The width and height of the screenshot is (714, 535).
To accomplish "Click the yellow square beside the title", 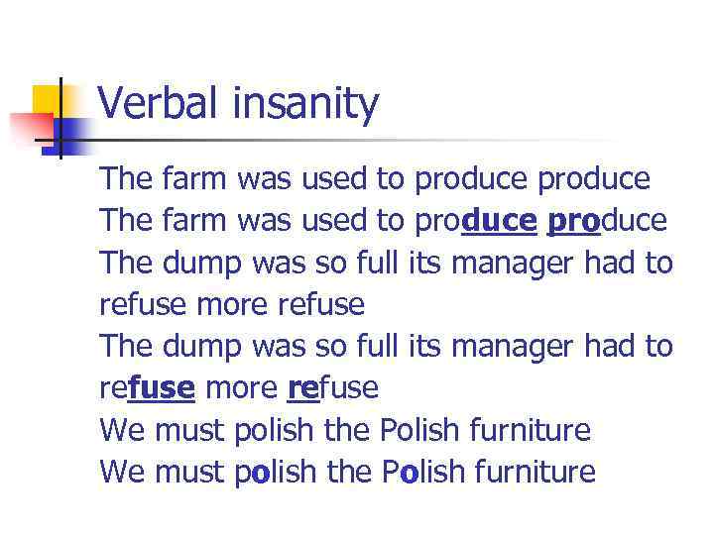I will coord(48,100).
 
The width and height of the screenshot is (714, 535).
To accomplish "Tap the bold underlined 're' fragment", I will coord(301,388).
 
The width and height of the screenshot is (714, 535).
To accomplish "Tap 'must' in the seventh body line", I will coord(190,431).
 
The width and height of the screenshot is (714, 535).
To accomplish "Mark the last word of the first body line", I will coord(593,180).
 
